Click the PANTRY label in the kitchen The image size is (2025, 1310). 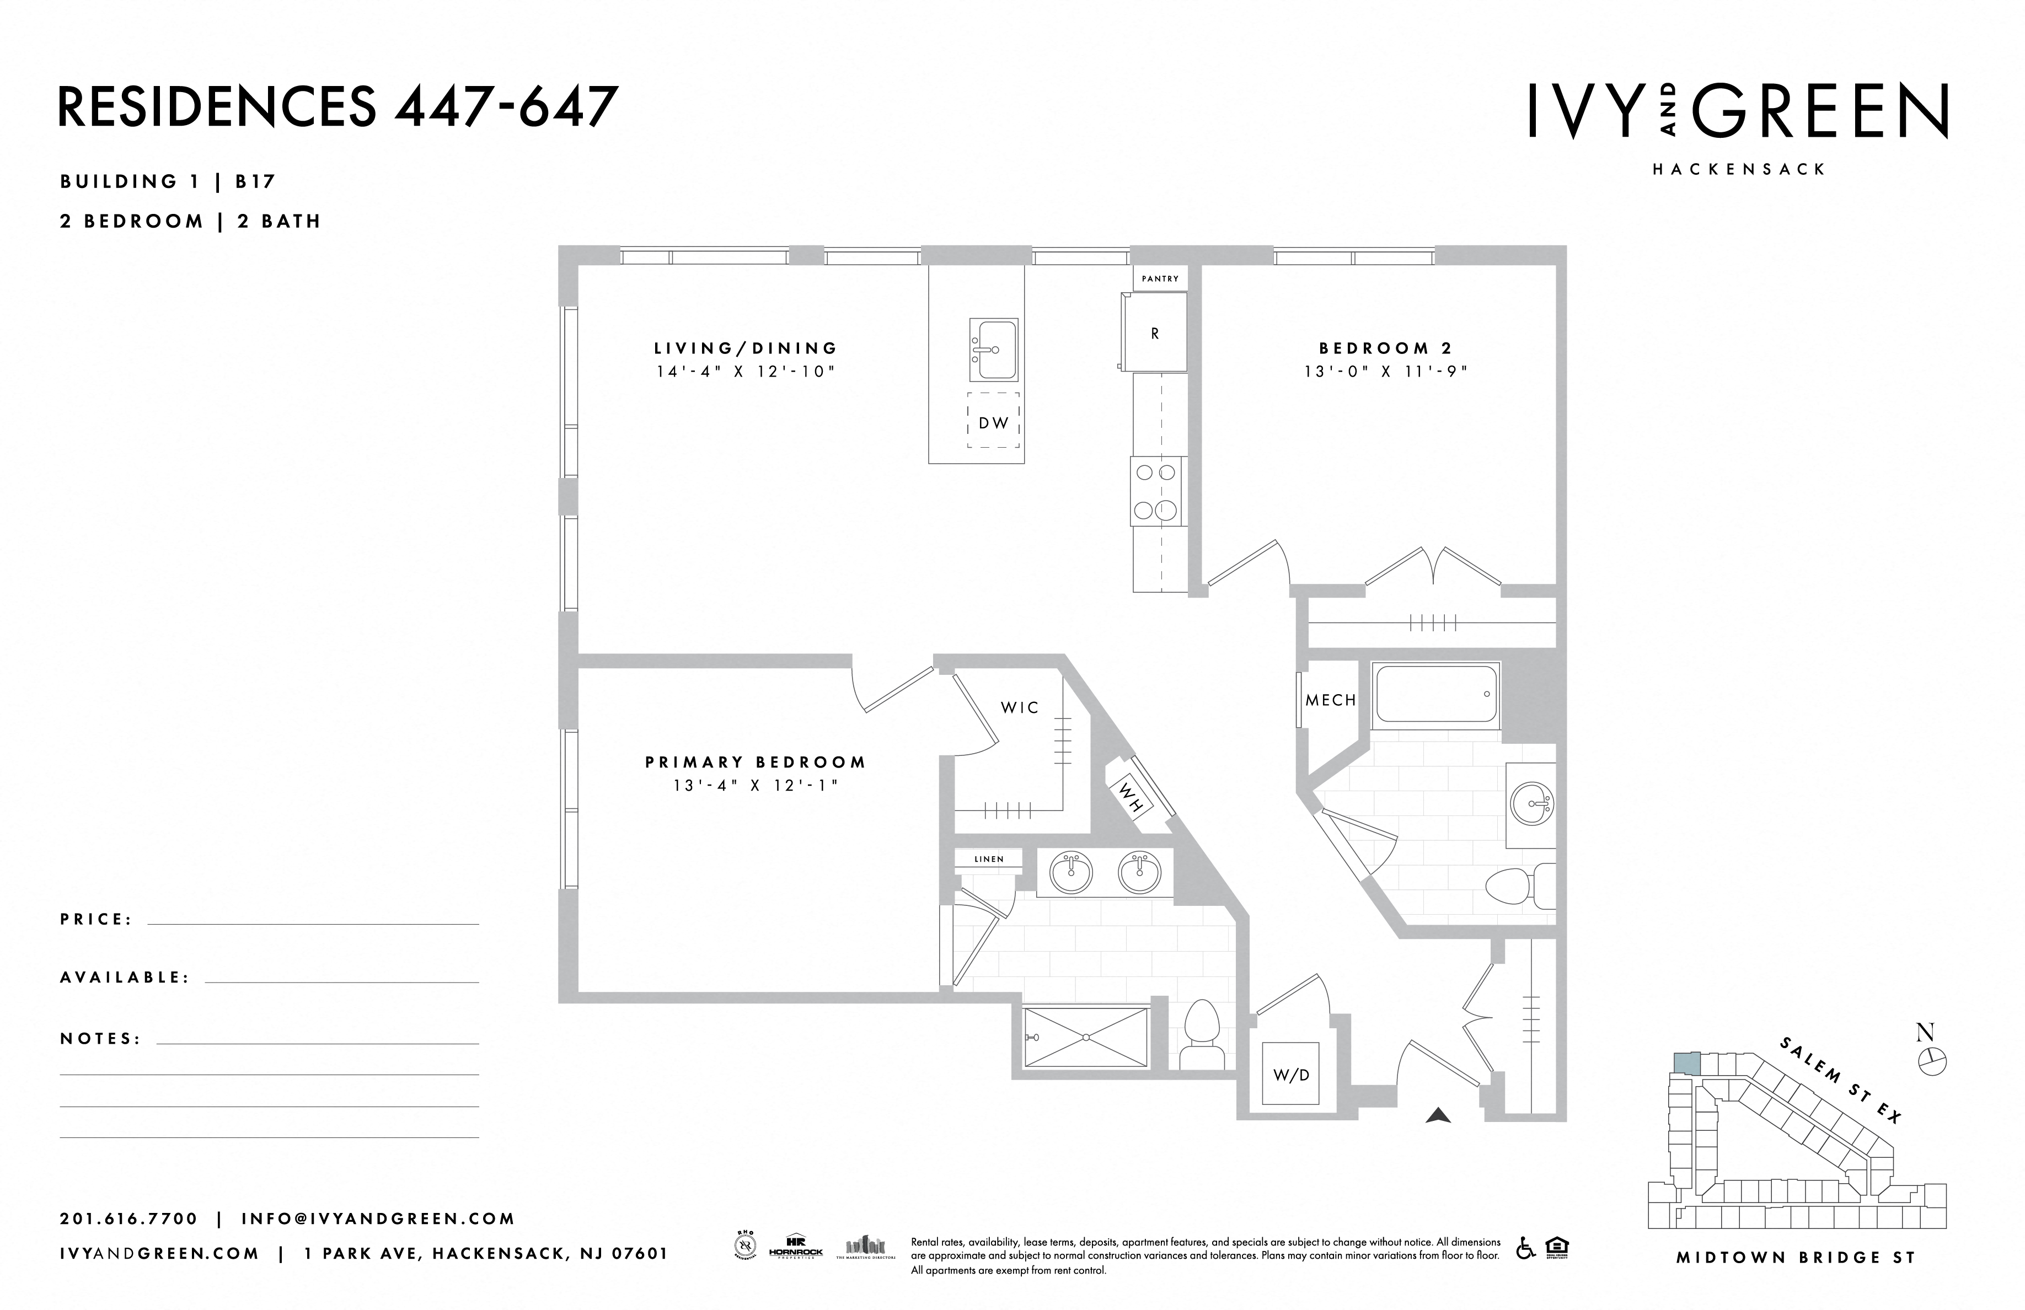click(x=1160, y=279)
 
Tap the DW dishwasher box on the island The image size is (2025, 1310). click(x=993, y=422)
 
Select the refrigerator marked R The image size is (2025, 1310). click(x=1155, y=334)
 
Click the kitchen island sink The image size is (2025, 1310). click(x=993, y=350)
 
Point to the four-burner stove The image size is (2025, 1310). click(x=1155, y=492)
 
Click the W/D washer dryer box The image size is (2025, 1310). click(x=1291, y=1075)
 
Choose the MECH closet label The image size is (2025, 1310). click(x=1331, y=700)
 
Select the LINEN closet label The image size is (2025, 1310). click(x=989, y=859)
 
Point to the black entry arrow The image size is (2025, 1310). click(x=1438, y=1115)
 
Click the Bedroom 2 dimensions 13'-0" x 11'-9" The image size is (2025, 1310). click(x=1386, y=372)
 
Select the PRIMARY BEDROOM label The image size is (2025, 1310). click(x=756, y=762)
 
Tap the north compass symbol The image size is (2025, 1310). click(x=1931, y=1060)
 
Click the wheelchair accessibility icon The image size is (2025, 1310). click(x=1525, y=1248)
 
